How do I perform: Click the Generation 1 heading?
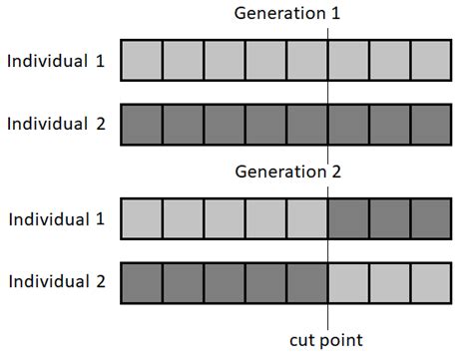(286, 13)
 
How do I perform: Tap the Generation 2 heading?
(287, 172)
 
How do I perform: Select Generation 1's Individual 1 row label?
(55, 60)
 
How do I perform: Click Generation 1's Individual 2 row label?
(55, 125)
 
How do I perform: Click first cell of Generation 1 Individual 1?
(141, 61)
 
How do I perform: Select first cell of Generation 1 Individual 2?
(141, 125)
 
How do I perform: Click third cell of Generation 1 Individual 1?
(224, 61)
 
